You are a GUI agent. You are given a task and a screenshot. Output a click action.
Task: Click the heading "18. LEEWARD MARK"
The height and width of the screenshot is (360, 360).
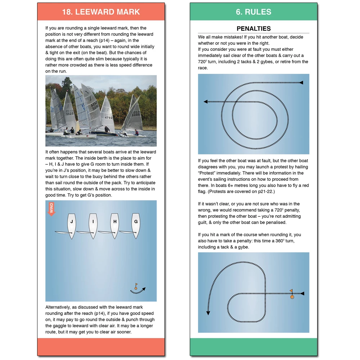tap(101, 12)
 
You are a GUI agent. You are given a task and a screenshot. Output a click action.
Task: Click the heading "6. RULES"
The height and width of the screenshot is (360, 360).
tap(253, 12)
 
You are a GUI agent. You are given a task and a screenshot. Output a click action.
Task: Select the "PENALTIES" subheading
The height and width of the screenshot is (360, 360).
tap(253, 29)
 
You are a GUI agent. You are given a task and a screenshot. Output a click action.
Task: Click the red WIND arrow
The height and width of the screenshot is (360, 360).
tap(51, 209)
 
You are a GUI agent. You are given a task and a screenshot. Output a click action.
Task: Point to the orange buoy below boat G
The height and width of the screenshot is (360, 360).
tap(136, 287)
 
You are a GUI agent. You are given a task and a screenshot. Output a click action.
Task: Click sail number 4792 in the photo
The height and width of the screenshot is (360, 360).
tap(109, 118)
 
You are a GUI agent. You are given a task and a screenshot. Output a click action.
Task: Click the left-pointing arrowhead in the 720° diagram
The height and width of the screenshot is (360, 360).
tap(206, 102)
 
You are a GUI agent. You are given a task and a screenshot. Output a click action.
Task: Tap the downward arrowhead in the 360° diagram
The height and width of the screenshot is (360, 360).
tap(208, 313)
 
